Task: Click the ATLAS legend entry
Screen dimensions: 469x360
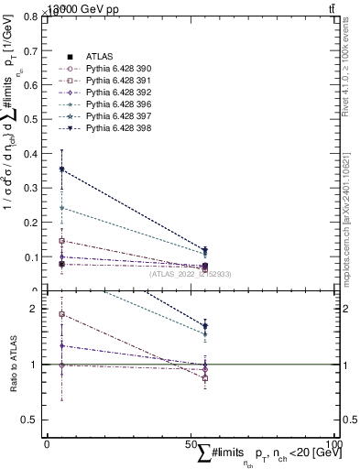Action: pyautogui.click(x=99, y=57)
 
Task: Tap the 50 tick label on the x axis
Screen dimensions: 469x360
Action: pyautogui.click(x=191, y=443)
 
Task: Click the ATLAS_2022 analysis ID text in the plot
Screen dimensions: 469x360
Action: pyautogui.click(x=191, y=274)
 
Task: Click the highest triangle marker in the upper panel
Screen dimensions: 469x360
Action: pyautogui.click(x=61, y=169)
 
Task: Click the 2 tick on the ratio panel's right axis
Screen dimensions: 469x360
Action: pyautogui.click(x=347, y=309)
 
